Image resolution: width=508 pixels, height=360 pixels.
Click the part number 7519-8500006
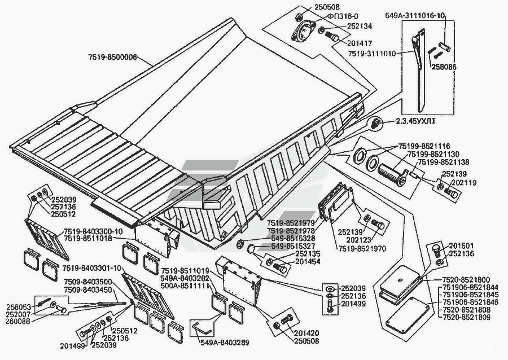click(x=112, y=58)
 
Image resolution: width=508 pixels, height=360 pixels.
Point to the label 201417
click(x=360, y=43)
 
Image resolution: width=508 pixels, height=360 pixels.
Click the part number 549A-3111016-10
click(x=415, y=16)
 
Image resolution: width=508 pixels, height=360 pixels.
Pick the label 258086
click(x=443, y=67)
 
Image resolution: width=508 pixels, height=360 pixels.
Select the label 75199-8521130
click(x=433, y=154)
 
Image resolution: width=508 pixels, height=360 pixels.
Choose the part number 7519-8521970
click(x=362, y=249)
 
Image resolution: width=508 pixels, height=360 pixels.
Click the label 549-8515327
click(x=292, y=246)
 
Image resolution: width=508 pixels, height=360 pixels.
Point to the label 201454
click(x=308, y=262)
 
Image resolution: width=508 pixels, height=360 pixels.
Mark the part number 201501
click(x=461, y=246)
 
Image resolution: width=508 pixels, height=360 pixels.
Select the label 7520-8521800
click(x=466, y=280)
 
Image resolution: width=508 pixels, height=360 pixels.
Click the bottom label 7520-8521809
click(x=467, y=317)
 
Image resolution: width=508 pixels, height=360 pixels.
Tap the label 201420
click(x=306, y=333)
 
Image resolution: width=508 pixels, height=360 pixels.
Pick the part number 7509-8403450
click(x=88, y=289)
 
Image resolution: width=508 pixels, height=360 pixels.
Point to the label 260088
click(x=18, y=321)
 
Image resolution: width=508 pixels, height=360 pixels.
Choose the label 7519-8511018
click(x=87, y=239)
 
